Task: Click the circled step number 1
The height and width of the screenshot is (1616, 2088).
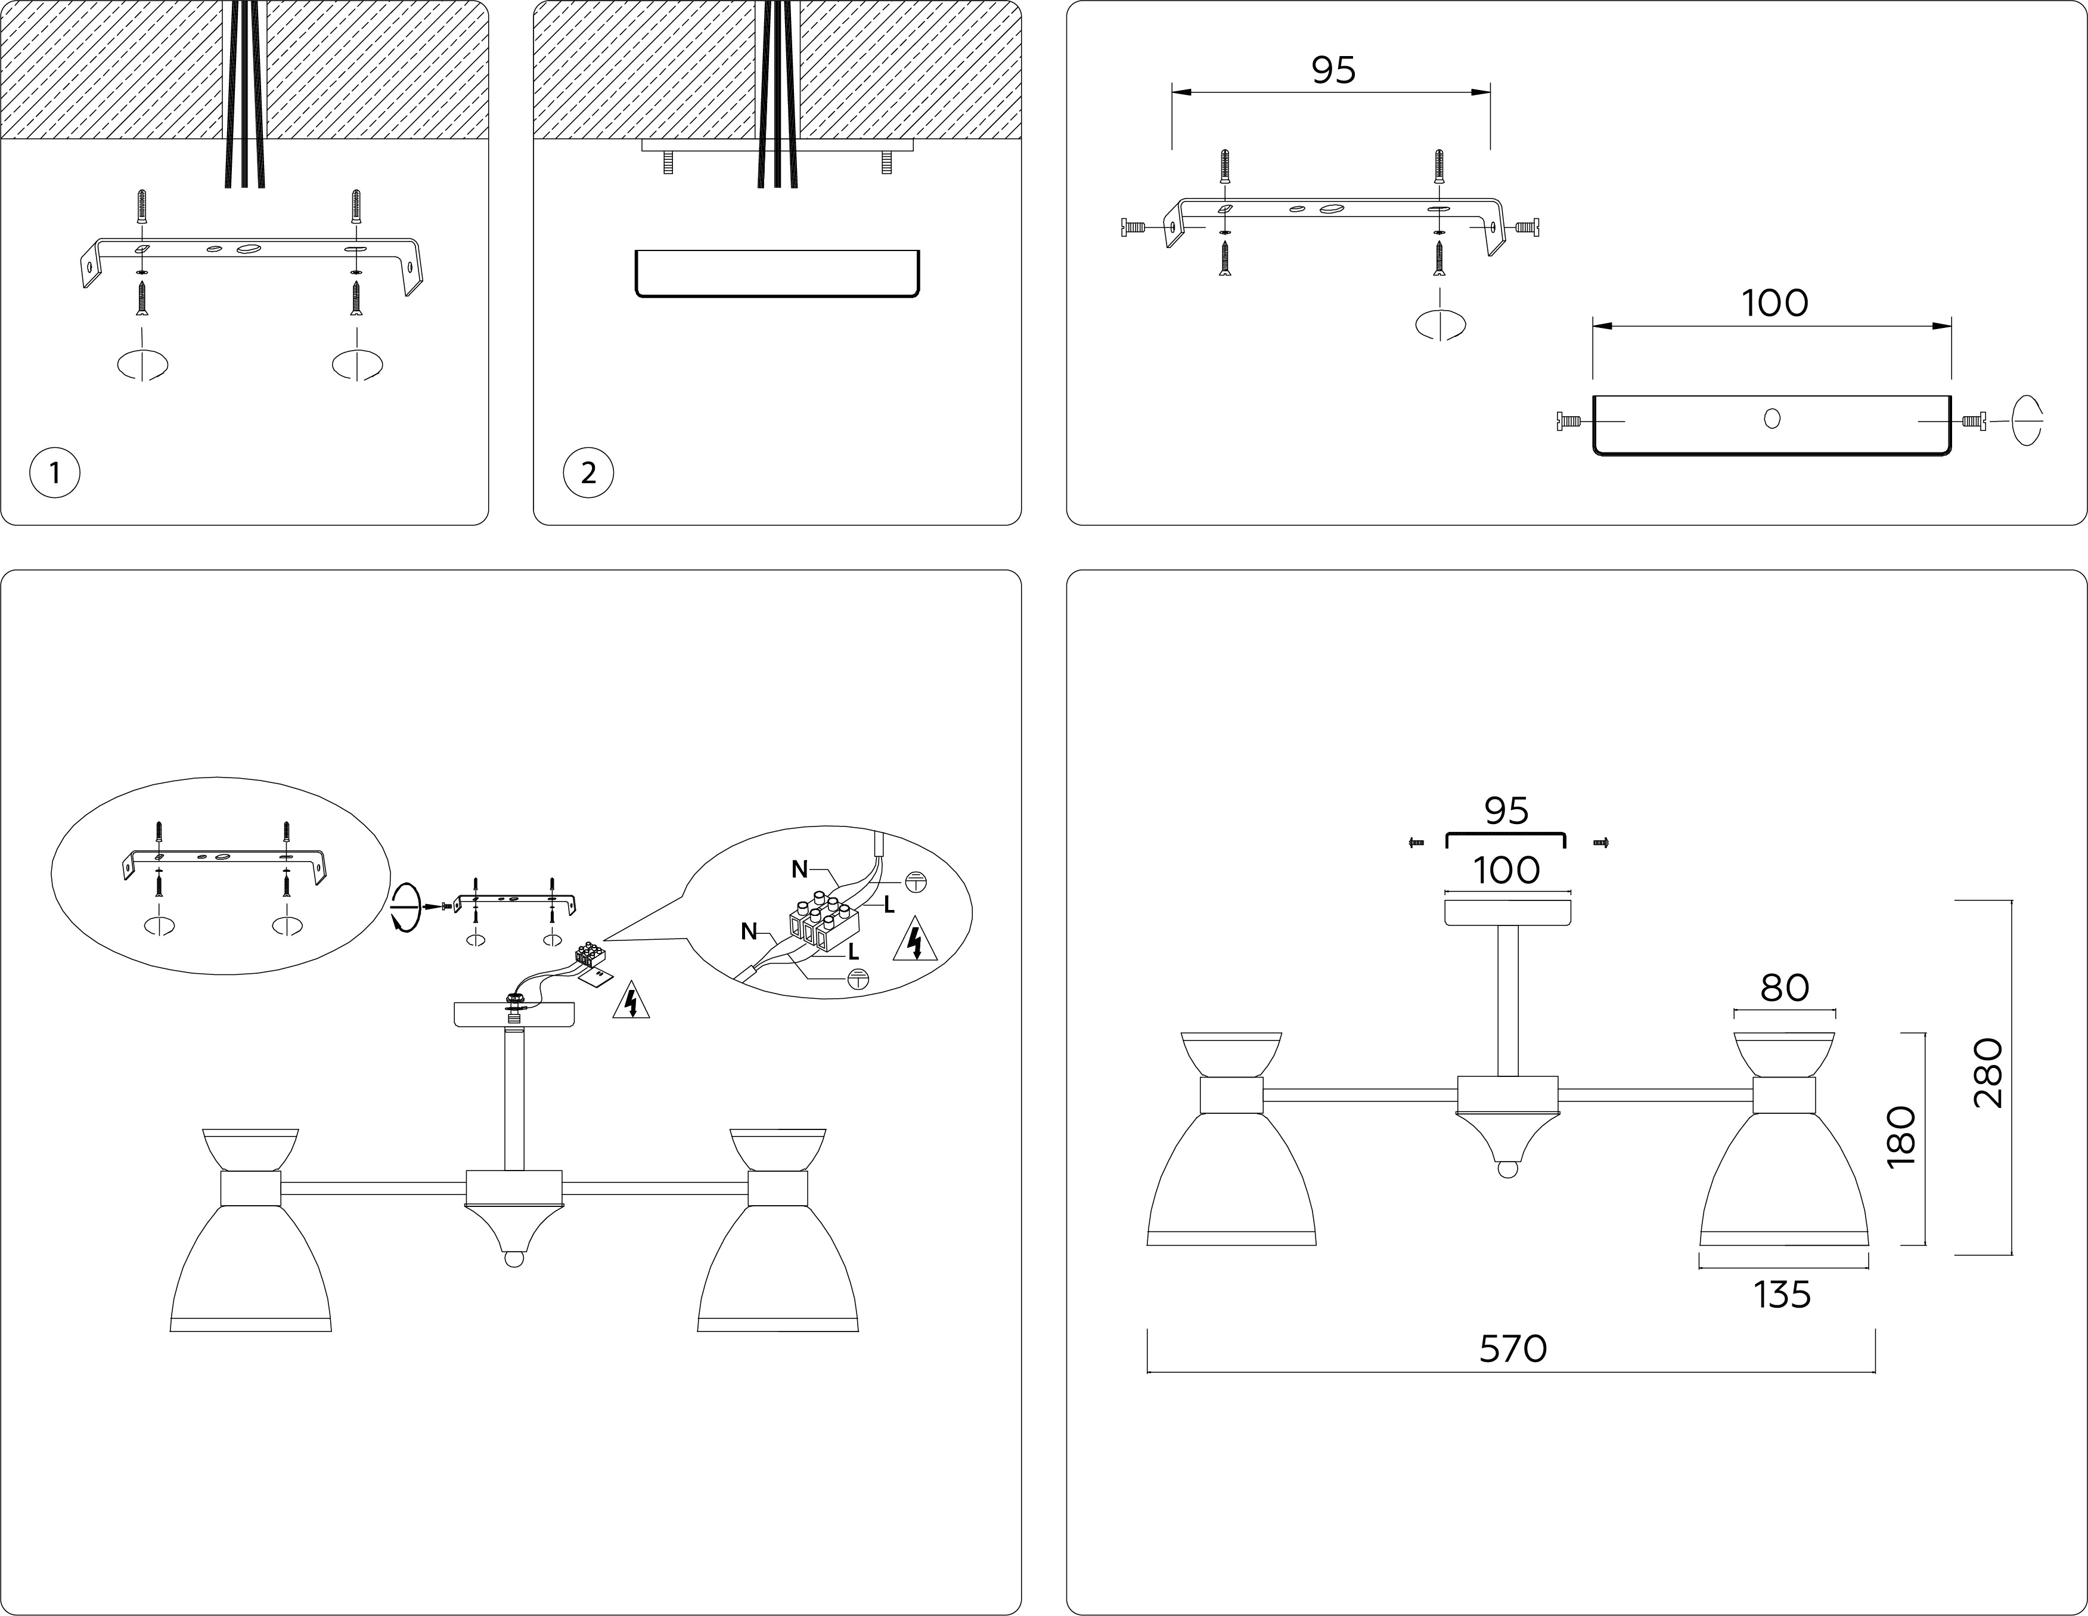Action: point(54,472)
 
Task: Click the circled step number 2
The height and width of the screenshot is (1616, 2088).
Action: point(588,472)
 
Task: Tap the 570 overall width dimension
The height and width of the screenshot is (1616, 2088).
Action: point(1512,1348)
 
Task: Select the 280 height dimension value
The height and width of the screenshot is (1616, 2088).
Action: point(1988,1073)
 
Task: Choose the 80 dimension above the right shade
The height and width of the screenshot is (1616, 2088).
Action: point(1784,987)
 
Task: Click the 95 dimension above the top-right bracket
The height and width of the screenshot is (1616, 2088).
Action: point(1333,70)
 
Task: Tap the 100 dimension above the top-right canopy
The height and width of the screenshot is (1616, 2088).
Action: point(1774,303)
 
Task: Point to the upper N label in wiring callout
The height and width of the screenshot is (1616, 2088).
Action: point(799,869)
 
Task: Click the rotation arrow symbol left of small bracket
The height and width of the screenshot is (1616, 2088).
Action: point(405,906)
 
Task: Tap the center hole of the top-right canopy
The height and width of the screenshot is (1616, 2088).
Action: point(1771,418)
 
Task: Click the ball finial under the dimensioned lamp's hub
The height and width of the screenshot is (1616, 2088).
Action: point(1507,1169)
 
